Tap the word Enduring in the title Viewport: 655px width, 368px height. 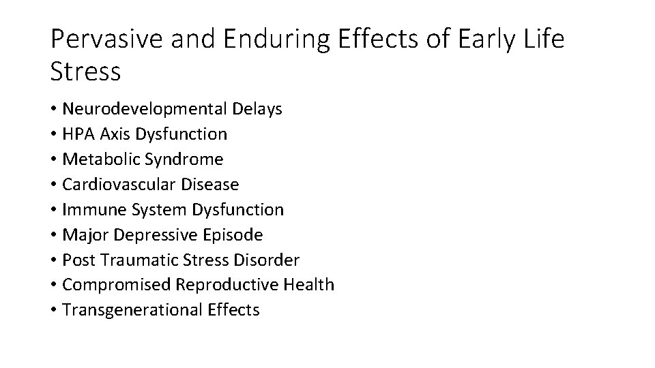coord(267,40)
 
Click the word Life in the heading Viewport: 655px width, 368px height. coord(540,40)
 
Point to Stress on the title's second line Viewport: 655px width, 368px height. coord(85,72)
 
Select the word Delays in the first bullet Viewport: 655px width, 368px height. coord(257,109)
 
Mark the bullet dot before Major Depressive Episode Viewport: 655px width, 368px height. coord(53,236)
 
